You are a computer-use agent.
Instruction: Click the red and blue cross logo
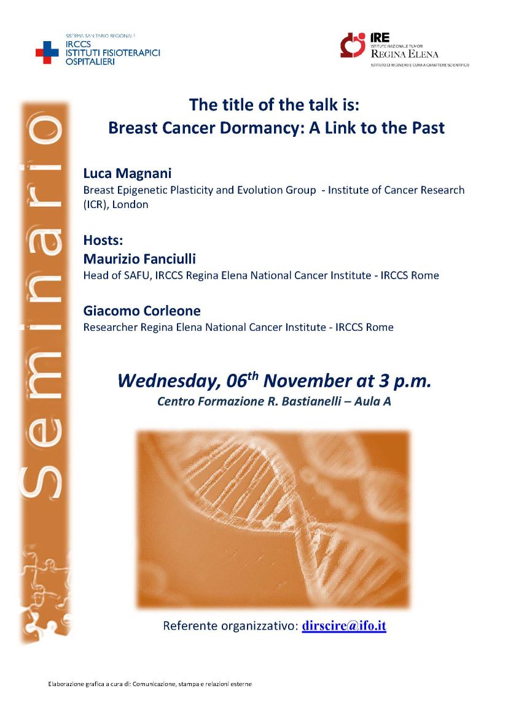click(x=47, y=52)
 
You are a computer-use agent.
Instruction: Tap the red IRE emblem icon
click(x=353, y=45)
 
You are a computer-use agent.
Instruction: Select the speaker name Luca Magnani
click(x=127, y=173)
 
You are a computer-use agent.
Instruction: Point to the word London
click(x=130, y=205)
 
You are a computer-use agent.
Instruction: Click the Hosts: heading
click(x=103, y=240)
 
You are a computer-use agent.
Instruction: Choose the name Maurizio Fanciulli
click(x=139, y=259)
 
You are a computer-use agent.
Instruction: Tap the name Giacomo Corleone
click(x=142, y=311)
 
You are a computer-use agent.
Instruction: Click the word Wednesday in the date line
click(x=170, y=382)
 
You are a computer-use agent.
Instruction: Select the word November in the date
click(x=307, y=381)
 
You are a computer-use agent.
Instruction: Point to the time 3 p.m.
click(x=405, y=382)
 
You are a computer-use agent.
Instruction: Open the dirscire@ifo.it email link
click(x=344, y=626)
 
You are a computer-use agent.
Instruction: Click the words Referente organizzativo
click(x=230, y=626)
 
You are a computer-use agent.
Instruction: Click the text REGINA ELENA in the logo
click(x=404, y=53)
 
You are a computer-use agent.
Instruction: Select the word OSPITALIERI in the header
click(x=90, y=61)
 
